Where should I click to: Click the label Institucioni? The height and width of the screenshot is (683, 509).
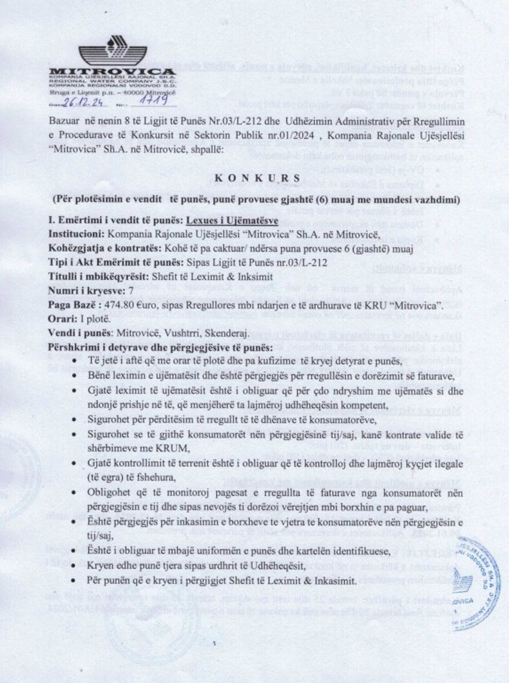[x=73, y=235]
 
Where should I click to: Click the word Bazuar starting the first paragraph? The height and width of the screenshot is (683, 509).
[x=64, y=120]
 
